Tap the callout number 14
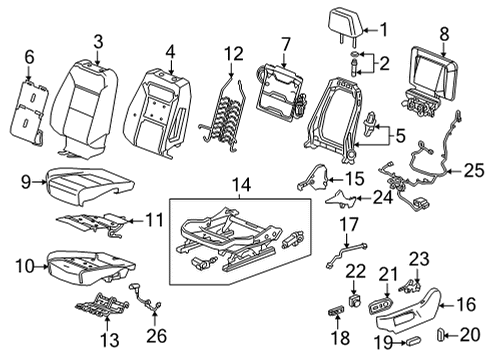click(237, 184)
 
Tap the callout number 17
click(346, 224)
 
